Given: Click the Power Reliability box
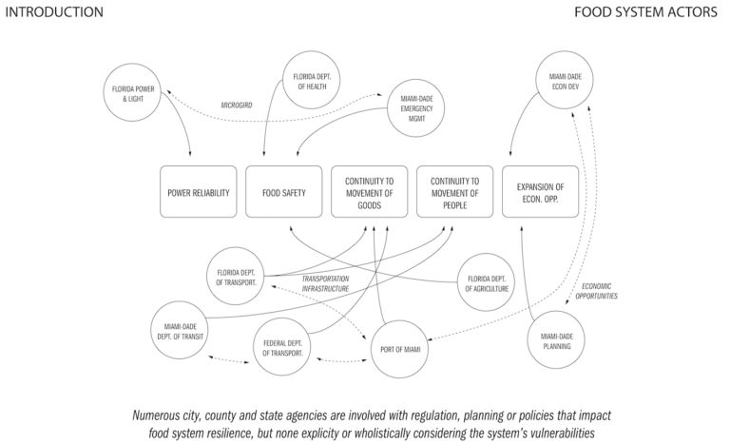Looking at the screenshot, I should click(x=199, y=192).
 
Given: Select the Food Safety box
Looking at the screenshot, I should click(x=284, y=192).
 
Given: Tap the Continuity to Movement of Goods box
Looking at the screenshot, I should click(x=369, y=192).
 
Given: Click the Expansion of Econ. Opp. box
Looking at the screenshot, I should click(x=540, y=192).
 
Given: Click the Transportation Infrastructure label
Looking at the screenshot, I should click(x=326, y=283).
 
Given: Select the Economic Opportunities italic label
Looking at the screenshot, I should click(x=600, y=291).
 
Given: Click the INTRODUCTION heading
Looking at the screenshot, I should click(x=54, y=11).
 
